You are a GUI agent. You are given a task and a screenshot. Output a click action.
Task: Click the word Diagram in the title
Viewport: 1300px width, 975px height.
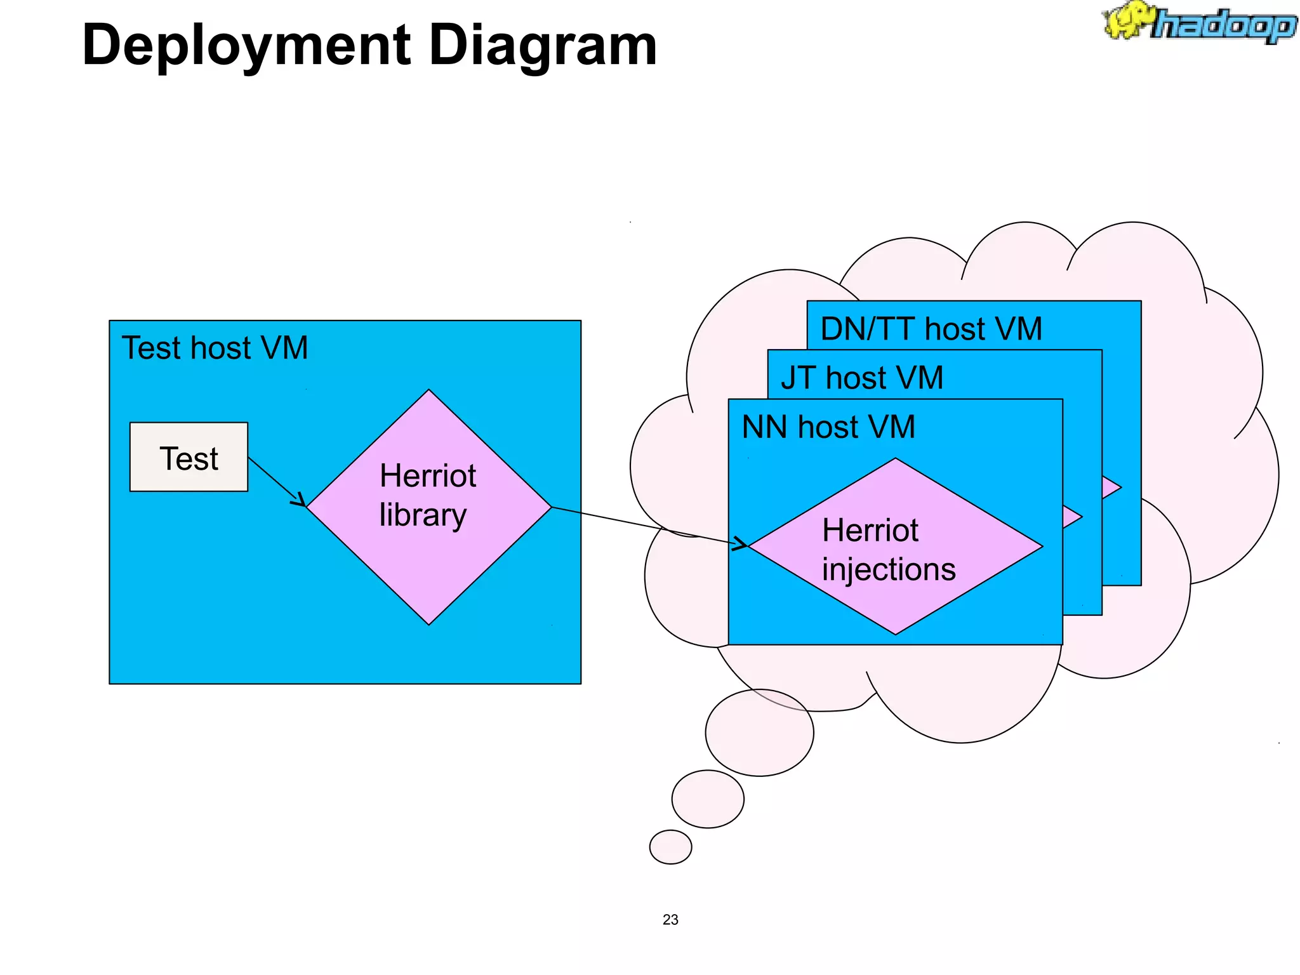543,46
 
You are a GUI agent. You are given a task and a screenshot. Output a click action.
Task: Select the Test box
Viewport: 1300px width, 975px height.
189,457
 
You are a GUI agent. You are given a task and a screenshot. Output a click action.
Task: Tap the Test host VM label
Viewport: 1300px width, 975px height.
215,348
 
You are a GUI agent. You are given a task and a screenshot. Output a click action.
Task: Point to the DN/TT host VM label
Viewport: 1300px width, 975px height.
931,329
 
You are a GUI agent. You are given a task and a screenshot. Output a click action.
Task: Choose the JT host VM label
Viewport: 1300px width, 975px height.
861,378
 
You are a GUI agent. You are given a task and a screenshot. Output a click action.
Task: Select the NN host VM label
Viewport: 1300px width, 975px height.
828,427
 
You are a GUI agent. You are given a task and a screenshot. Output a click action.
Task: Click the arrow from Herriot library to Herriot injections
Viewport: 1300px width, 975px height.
647,526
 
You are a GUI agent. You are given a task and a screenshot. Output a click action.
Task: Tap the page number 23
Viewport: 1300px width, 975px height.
670,920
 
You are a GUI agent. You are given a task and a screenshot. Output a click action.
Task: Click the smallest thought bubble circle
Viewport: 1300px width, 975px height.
670,847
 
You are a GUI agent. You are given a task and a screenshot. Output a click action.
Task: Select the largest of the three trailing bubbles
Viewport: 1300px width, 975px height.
759,733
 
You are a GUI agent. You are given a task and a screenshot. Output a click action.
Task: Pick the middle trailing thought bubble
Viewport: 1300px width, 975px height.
708,799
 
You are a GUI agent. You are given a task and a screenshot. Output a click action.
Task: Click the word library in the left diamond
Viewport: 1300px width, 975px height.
423,515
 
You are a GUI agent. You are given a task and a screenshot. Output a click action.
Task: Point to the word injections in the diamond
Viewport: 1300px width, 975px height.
889,569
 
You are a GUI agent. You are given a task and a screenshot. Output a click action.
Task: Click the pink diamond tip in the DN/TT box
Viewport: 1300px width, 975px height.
1111,487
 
